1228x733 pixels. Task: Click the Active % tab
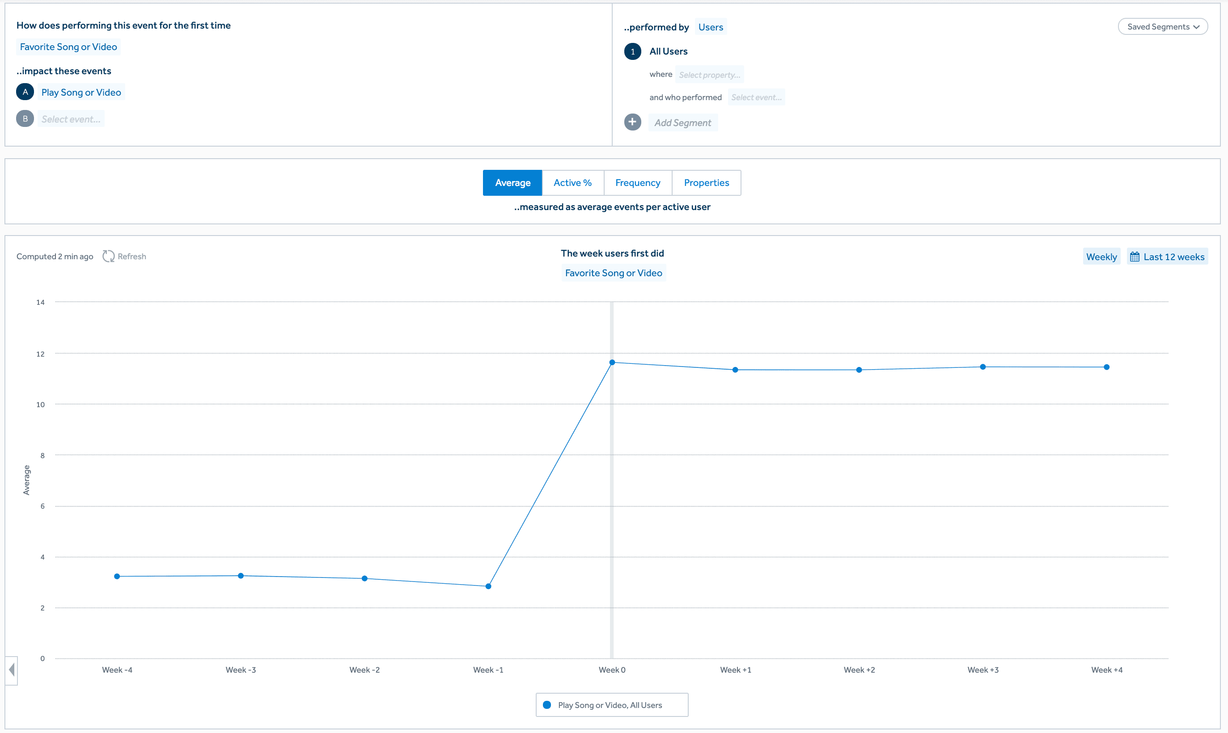[x=572, y=183]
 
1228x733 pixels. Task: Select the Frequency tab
[x=637, y=183]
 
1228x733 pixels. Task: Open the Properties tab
[x=706, y=183]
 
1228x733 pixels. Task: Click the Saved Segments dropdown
[x=1162, y=27]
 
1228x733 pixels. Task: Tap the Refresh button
[x=124, y=257]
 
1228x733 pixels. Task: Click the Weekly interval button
[x=1101, y=257]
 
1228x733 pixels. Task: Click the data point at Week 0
[x=612, y=362]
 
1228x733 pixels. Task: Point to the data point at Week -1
[x=488, y=586]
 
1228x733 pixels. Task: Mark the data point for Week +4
[x=1106, y=367]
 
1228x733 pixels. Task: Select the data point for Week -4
[x=117, y=577]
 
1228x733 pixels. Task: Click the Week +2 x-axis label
[x=859, y=670]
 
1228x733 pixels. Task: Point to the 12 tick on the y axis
[x=41, y=354]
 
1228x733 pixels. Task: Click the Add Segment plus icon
[x=632, y=122]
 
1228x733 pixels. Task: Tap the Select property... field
[x=709, y=75]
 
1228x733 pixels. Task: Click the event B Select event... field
[x=71, y=119]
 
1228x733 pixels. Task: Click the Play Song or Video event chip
[x=81, y=93]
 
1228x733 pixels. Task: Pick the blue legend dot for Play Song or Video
[x=547, y=705]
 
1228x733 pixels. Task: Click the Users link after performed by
[x=710, y=27]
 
